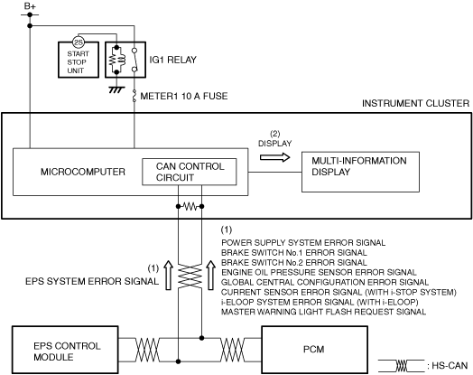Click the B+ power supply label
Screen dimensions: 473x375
(x=30, y=6)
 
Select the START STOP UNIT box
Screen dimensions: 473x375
(x=79, y=60)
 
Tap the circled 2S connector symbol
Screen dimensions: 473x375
(x=79, y=42)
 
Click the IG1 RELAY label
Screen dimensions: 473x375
(x=172, y=60)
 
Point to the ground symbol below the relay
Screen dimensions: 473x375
(x=116, y=89)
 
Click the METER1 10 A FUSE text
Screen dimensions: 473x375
(x=184, y=96)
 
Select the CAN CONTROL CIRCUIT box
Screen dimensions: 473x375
(x=190, y=172)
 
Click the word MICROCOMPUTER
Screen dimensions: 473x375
(x=83, y=172)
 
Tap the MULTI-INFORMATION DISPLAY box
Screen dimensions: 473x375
(x=360, y=172)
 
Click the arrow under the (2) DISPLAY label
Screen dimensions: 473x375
(x=274, y=157)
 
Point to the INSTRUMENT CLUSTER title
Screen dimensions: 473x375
(x=416, y=104)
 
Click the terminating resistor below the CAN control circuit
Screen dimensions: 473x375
(x=190, y=207)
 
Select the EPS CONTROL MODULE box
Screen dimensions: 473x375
(x=65, y=350)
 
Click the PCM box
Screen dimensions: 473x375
(x=315, y=350)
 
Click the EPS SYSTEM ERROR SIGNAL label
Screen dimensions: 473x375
(x=92, y=281)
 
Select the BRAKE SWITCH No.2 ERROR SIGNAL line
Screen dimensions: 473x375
(x=294, y=262)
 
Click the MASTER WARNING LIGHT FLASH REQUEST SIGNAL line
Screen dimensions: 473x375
(x=324, y=312)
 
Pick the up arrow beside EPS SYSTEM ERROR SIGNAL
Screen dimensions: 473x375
(x=168, y=275)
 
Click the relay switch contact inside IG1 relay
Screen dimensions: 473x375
(x=134, y=60)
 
